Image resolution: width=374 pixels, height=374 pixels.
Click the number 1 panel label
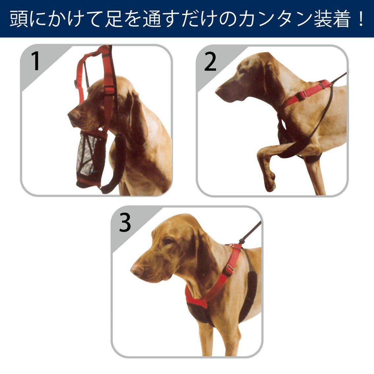36,61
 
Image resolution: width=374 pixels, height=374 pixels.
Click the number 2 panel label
210,62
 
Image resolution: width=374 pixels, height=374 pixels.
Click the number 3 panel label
125,223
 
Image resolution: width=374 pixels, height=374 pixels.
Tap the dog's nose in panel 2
218,91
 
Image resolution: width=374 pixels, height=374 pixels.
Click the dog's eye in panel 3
169,241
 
